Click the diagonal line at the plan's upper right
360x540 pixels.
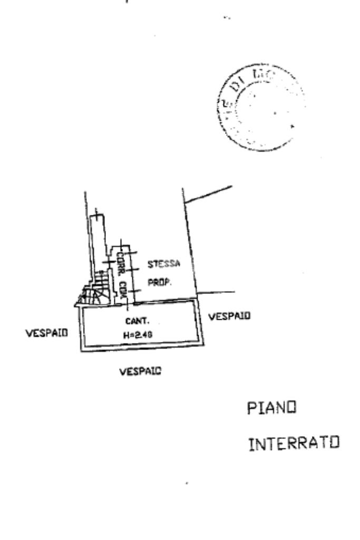[208, 193]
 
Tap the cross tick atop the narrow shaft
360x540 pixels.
[96, 213]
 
